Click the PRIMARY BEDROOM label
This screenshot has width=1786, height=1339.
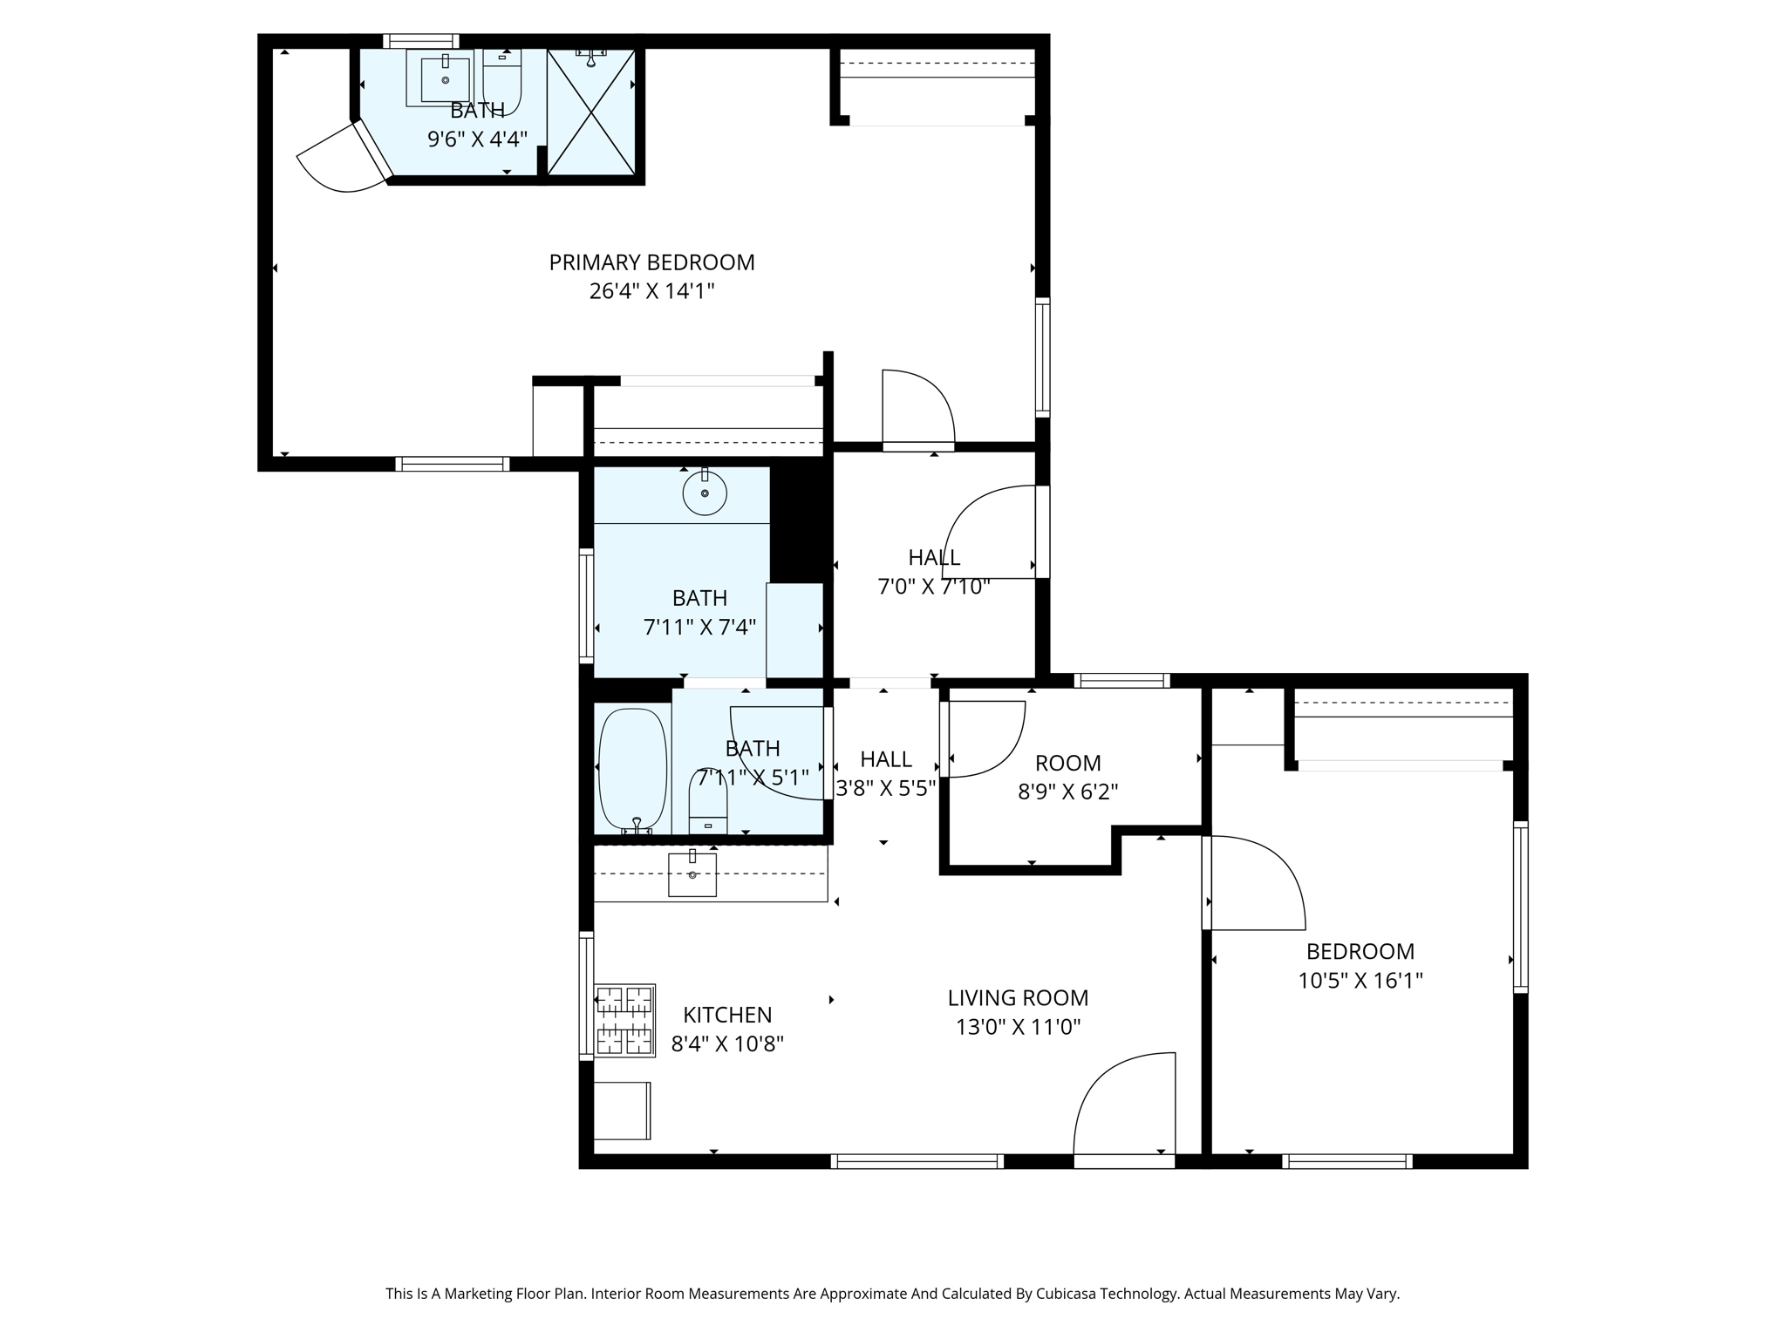coord(651,262)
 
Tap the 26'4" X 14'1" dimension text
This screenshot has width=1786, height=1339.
coord(651,291)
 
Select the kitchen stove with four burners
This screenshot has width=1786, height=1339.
coord(624,1020)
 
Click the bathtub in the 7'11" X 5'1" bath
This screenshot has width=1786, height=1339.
coord(632,769)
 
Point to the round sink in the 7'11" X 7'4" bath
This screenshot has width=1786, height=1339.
coord(705,493)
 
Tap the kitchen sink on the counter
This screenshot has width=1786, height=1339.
coord(692,874)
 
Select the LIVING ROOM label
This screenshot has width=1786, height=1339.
coord(1018,997)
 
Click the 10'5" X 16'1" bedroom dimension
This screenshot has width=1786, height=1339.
coord(1360,981)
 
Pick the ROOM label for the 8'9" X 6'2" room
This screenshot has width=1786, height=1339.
coord(1067,763)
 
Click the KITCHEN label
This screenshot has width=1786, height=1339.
coord(727,1015)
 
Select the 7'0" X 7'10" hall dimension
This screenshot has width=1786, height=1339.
coord(933,587)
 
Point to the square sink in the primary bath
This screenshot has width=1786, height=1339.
coord(445,79)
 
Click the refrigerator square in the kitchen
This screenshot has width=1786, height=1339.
coord(622,1110)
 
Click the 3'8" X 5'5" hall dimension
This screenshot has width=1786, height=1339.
coord(886,789)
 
